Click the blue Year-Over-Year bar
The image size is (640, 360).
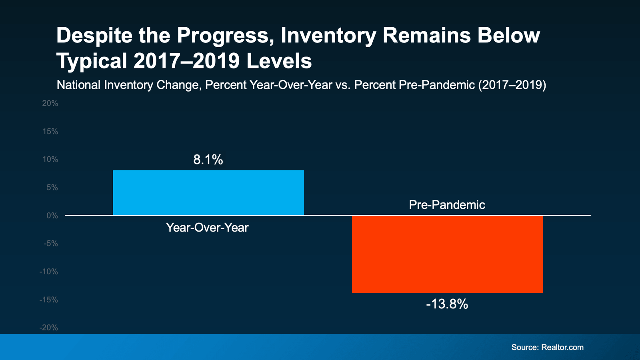pos(208,193)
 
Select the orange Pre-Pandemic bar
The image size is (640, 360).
pos(447,254)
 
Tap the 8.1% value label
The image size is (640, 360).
pos(208,160)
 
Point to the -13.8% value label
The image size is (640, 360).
pos(447,304)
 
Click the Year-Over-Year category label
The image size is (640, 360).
pos(207,228)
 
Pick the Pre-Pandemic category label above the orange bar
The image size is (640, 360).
pos(447,205)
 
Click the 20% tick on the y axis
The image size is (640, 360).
pos(50,104)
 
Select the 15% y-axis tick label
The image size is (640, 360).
pos(50,132)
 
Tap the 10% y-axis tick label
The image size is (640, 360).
pos(50,160)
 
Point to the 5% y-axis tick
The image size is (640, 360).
pos(52,188)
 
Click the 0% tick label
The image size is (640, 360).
pos(52,216)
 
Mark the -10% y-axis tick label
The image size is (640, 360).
pos(48,272)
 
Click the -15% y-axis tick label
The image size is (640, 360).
pos(48,300)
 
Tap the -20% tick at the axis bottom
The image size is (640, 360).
pos(48,328)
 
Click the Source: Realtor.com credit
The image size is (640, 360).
pos(547,347)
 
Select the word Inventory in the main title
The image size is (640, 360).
pos(328,36)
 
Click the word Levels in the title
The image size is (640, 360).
pos(279,62)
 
